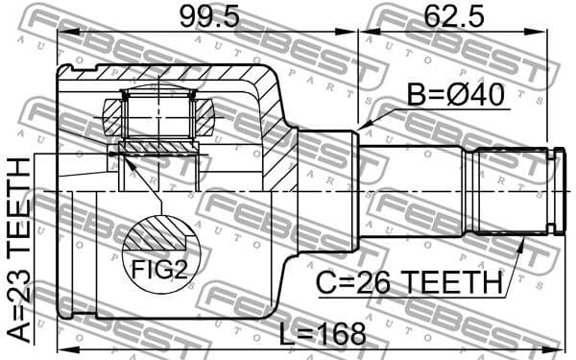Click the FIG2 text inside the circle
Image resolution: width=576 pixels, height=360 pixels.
[159, 270]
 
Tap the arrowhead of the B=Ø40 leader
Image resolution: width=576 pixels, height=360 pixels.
[362, 129]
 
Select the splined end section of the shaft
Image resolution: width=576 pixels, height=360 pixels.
[509, 190]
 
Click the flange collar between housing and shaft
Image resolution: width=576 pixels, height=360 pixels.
[326, 190]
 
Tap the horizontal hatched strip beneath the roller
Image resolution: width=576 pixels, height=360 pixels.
[159, 147]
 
